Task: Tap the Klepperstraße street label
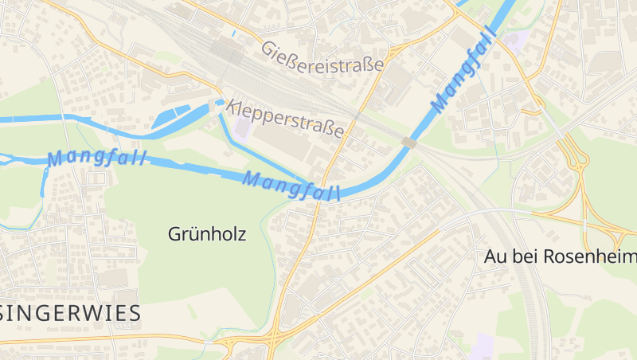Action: (x=285, y=117)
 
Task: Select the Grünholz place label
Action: (x=207, y=234)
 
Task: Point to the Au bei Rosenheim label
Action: (x=561, y=256)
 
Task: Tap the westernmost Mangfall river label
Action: (x=97, y=158)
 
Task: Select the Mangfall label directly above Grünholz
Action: (x=291, y=186)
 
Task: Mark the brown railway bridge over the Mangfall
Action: (x=409, y=143)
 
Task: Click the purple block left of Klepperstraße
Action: (x=241, y=127)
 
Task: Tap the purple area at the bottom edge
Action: (x=482, y=347)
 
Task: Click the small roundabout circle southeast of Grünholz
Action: (x=337, y=280)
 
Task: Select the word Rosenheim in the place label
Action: (x=592, y=256)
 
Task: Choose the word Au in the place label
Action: (x=495, y=256)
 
